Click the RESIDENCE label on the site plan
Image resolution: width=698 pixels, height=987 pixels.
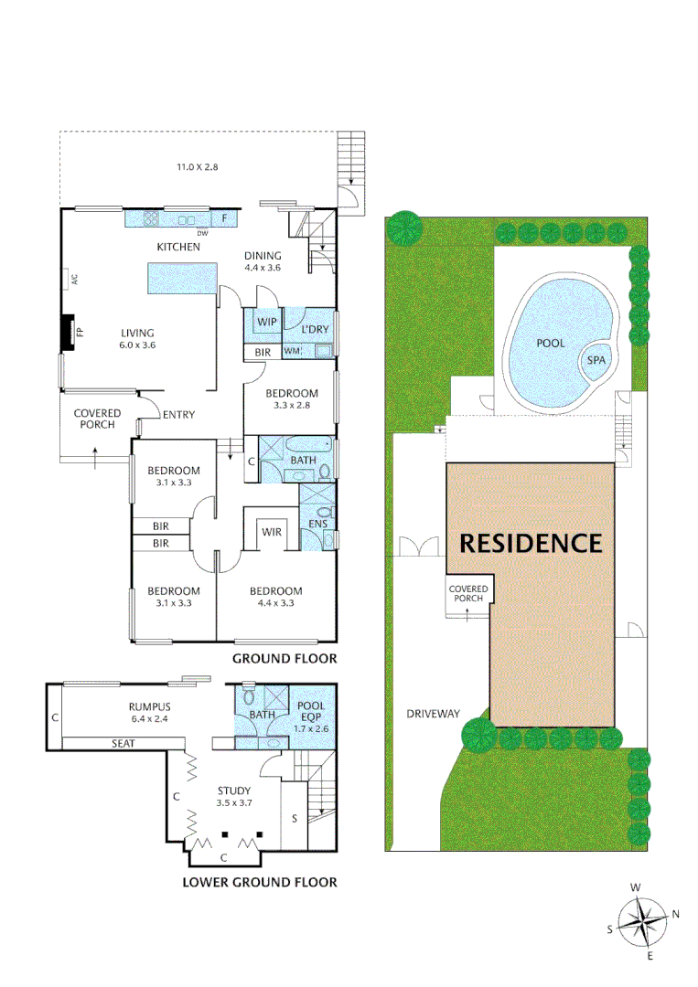(x=531, y=543)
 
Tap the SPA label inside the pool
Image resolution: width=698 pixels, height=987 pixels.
(x=596, y=360)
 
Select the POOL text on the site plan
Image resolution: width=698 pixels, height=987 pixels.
(x=551, y=344)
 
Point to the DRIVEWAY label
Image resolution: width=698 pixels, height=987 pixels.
(x=433, y=714)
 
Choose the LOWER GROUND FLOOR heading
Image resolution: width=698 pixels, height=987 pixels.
(x=259, y=882)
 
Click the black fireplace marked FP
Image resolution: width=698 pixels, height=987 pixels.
(x=68, y=333)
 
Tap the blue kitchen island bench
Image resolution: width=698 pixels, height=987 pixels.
(x=182, y=277)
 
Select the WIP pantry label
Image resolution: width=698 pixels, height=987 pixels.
(x=267, y=323)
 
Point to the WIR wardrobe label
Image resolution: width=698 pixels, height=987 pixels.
(x=272, y=531)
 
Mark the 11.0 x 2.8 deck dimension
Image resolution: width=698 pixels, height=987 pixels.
(x=198, y=167)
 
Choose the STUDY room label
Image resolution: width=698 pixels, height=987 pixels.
(x=233, y=791)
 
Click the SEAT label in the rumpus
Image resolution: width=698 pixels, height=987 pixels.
(x=123, y=743)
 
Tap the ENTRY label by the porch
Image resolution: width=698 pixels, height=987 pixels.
(x=178, y=415)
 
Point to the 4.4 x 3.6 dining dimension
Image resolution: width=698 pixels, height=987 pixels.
(x=263, y=268)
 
